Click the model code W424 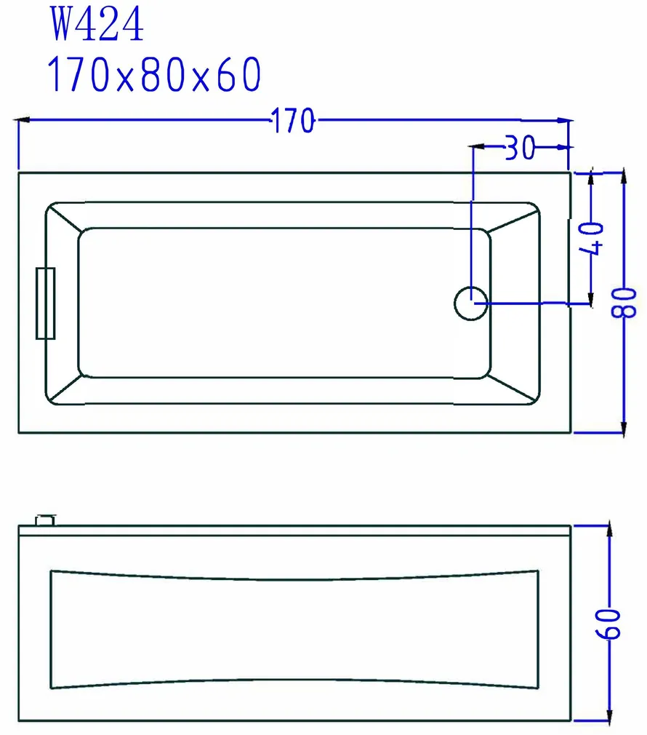pyautogui.click(x=97, y=24)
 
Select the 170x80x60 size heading pyautogui.click(x=154, y=74)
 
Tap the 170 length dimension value pyautogui.click(x=294, y=121)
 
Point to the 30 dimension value pyautogui.click(x=520, y=148)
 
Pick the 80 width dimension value pyautogui.click(x=624, y=302)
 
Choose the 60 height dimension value pyautogui.click(x=608, y=624)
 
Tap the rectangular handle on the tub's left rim pyautogui.click(x=45, y=303)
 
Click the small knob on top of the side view pyautogui.click(x=45, y=520)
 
